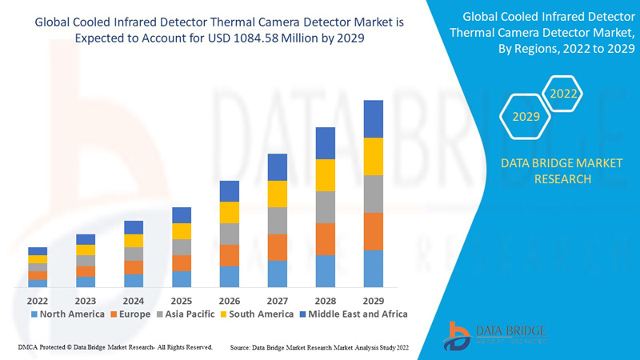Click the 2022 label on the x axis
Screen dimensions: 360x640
(38, 300)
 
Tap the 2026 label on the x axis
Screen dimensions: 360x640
(230, 300)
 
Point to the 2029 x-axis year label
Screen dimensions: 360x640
(374, 300)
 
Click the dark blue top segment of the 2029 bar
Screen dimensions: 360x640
(374, 118)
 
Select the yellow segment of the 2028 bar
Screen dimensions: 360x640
(326, 175)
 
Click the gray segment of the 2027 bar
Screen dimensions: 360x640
(278, 221)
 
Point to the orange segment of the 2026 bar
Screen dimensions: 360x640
(230, 255)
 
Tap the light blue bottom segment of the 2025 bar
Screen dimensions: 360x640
(182, 279)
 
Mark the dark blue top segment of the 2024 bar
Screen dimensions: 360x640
(134, 227)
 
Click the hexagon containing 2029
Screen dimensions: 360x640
(526, 116)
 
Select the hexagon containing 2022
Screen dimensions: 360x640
(563, 94)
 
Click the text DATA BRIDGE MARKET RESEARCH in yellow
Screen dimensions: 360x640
(560, 171)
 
